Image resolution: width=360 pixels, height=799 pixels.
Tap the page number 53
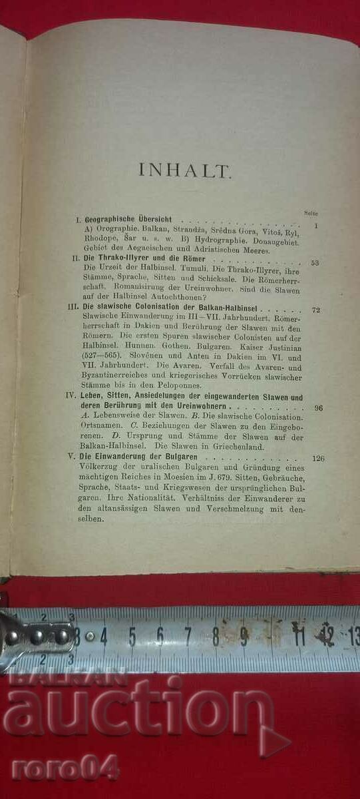pyautogui.click(x=314, y=263)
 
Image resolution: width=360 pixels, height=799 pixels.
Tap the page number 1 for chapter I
pyautogui.click(x=317, y=225)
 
